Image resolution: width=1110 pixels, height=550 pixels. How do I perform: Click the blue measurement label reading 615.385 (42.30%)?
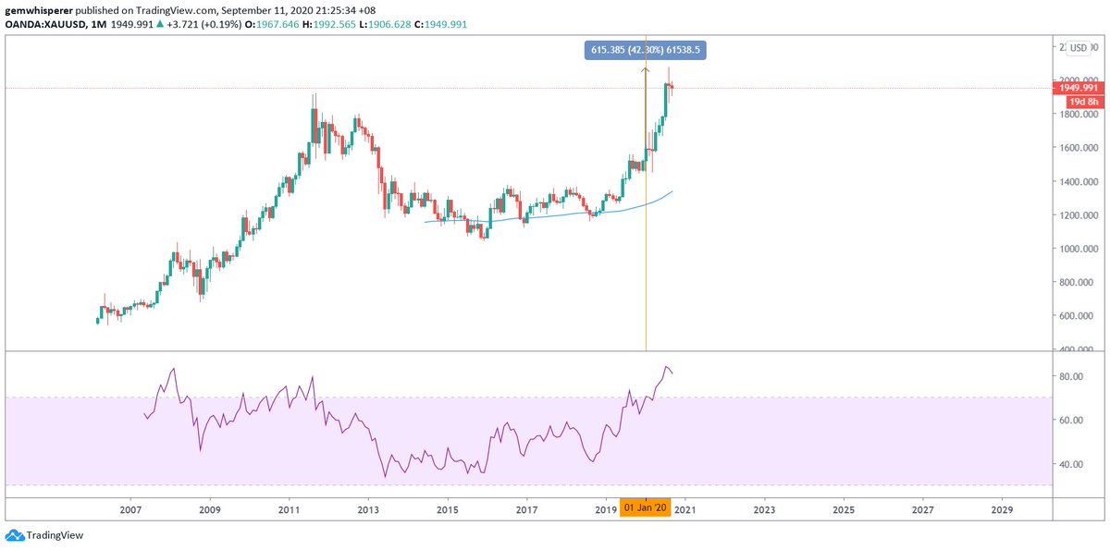coord(646,50)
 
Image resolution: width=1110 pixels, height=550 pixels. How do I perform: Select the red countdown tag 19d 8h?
coord(1082,101)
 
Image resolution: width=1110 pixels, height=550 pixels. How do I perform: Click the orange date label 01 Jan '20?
coord(645,508)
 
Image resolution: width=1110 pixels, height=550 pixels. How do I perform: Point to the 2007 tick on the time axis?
coord(130,509)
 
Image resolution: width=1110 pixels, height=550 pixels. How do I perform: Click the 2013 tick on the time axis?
coord(368,509)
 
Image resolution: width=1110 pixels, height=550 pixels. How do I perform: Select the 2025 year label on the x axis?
coord(844,509)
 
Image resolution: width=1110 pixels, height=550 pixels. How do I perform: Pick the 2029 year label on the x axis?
coord(1002,509)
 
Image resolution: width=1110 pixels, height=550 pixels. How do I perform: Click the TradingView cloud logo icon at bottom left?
coord(14,535)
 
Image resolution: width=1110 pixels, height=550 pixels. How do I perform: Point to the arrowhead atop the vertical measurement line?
coord(645,67)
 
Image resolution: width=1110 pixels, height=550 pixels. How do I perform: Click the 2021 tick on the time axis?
coord(685,509)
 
